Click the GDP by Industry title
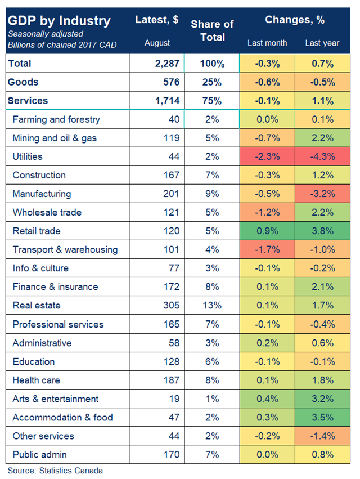(59, 21)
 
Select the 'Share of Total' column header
(212, 30)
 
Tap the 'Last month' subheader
(267, 43)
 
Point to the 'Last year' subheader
(322, 43)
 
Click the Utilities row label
(28, 156)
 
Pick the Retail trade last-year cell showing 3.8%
(322, 231)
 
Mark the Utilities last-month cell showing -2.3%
(267, 156)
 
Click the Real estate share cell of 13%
(212, 306)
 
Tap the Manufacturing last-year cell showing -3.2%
(322, 194)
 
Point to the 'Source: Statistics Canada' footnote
(55, 471)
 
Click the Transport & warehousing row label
(65, 249)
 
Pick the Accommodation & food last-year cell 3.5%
(322, 417)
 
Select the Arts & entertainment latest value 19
(174, 399)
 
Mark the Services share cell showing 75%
(212, 101)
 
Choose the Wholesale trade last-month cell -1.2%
(267, 212)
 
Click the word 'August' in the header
(157, 43)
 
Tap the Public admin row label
(40, 454)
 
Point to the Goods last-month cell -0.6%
(267, 82)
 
